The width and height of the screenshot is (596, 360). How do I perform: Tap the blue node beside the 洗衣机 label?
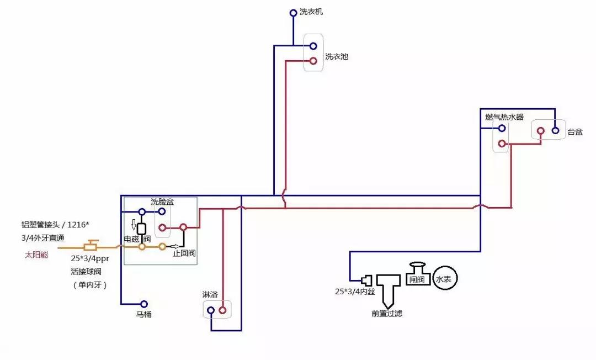[294, 12]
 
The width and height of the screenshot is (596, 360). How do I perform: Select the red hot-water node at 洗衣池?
[313, 61]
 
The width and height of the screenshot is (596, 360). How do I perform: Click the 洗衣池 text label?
[336, 56]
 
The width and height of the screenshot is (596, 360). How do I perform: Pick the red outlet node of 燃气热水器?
[502, 144]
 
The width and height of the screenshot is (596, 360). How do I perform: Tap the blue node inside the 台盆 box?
[555, 131]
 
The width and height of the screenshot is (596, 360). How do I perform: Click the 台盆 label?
[575, 132]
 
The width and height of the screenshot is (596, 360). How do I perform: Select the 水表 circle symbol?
[445, 279]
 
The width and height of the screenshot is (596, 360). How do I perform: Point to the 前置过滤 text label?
[387, 314]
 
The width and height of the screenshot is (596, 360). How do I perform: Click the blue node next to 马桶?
[144, 304]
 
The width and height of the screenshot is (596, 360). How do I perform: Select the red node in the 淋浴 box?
[222, 311]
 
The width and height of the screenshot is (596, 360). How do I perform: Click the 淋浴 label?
[210, 294]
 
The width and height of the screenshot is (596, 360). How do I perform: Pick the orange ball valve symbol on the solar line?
[91, 246]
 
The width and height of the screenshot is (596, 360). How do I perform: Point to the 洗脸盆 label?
[162, 202]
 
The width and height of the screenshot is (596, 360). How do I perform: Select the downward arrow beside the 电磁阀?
[133, 225]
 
